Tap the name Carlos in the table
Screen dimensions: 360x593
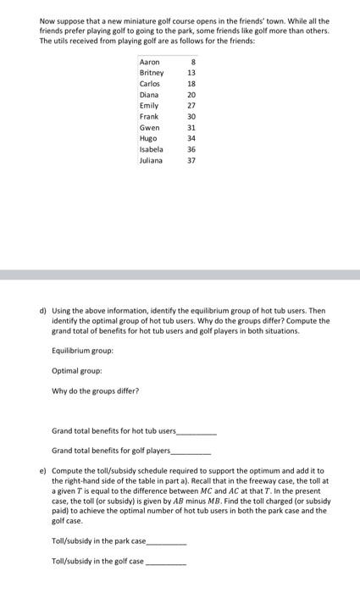click(x=149, y=85)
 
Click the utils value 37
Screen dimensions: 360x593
click(x=191, y=159)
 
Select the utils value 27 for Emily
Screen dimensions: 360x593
click(x=191, y=106)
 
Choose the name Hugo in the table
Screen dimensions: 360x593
click(x=148, y=137)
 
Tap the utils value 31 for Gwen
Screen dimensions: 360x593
click(x=191, y=127)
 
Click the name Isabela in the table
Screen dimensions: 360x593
click(x=151, y=148)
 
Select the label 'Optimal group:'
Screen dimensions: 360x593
click(x=76, y=370)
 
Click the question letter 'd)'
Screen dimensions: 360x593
click(x=43, y=311)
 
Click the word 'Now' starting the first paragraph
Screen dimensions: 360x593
click(x=48, y=19)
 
